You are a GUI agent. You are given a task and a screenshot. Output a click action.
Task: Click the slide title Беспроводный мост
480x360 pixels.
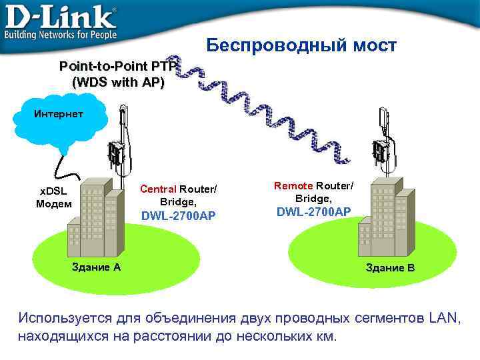pyautogui.click(x=301, y=45)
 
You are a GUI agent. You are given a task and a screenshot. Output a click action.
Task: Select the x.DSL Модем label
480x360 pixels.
pyautogui.click(x=53, y=198)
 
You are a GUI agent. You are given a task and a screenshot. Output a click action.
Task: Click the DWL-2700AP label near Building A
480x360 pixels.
pyautogui.click(x=178, y=215)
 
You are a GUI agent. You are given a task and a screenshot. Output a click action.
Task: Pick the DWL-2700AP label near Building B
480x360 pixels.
pyautogui.click(x=313, y=211)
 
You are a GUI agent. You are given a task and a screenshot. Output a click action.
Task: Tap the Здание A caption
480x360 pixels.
pyautogui.click(x=96, y=267)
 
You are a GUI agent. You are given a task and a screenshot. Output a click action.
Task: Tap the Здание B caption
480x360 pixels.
pyautogui.click(x=390, y=267)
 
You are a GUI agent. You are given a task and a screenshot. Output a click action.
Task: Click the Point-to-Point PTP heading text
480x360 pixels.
pyautogui.click(x=118, y=67)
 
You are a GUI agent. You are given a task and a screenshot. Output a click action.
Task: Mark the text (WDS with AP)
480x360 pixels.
pyautogui.click(x=117, y=83)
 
